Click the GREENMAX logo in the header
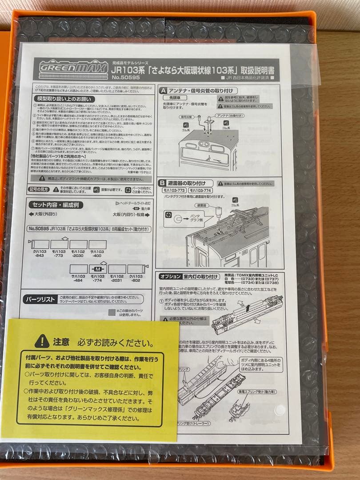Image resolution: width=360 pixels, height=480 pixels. (73, 68)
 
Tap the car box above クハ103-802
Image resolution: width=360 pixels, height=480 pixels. (136, 269)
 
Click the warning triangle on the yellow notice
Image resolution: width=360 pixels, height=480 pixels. (42, 341)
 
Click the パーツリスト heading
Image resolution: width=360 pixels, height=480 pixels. (39, 300)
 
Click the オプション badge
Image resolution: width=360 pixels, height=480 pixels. (170, 276)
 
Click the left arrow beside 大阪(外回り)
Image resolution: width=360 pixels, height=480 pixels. (31, 214)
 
